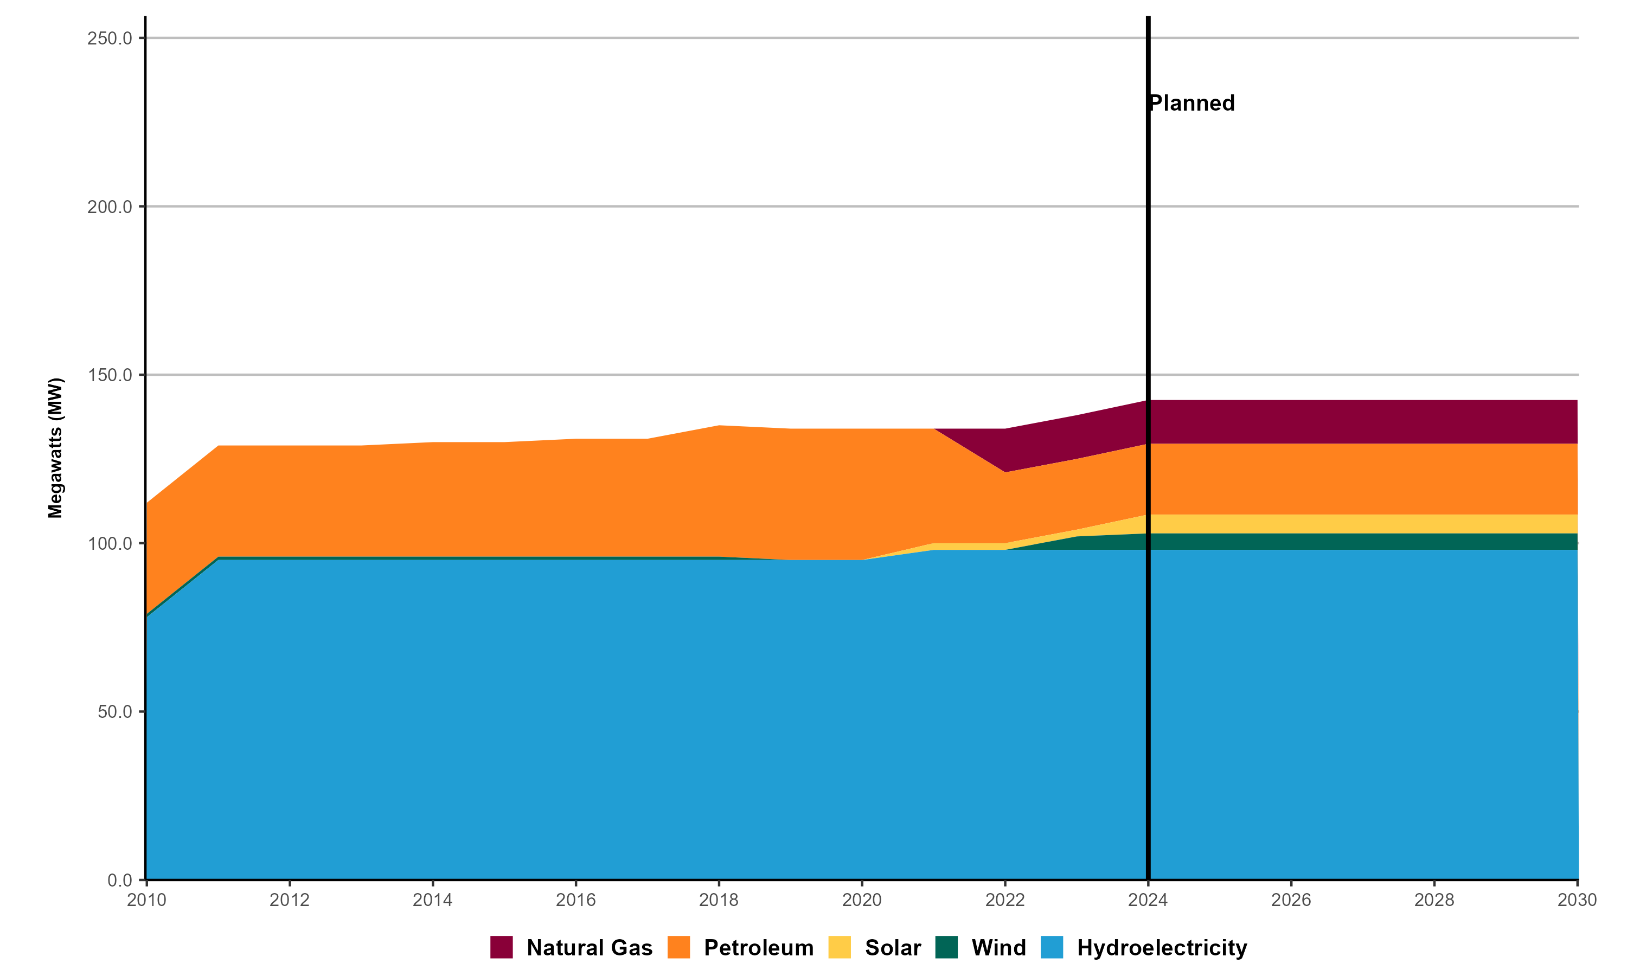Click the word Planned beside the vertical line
1192,103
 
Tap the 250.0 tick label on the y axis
110,38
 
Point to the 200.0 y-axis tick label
110,207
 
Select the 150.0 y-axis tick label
110,375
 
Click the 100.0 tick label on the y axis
110,543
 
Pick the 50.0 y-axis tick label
114,711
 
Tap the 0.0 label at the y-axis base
120,880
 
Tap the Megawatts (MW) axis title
55,448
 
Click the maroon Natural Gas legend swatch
501,948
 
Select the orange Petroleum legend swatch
678,948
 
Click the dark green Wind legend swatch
946,948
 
